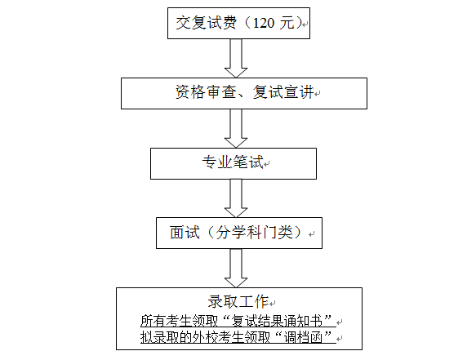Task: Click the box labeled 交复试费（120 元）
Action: click(x=238, y=24)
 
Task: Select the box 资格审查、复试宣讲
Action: click(x=238, y=92)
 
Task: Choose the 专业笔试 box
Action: click(x=234, y=163)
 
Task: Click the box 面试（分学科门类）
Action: click(x=238, y=232)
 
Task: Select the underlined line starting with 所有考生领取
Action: click(x=238, y=319)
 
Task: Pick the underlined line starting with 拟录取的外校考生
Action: click(x=238, y=336)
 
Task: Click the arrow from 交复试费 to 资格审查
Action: click(x=237, y=57)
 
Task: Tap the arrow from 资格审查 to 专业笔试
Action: click(x=237, y=127)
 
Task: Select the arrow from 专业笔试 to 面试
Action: click(x=237, y=198)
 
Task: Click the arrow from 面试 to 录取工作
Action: click(x=237, y=267)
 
